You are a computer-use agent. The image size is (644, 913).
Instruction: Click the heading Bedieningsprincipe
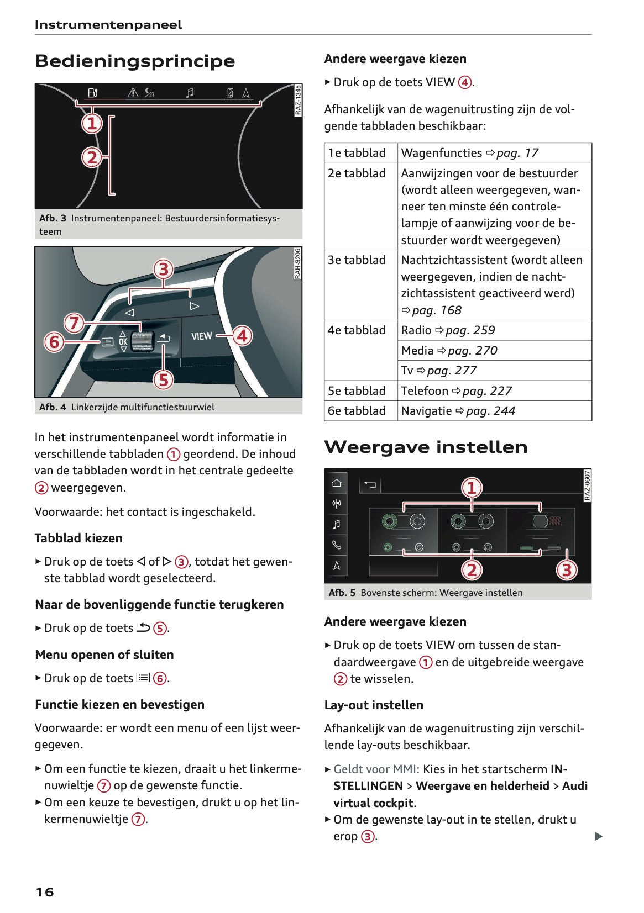[135, 61]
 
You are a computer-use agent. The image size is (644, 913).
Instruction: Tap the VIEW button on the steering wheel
[201, 336]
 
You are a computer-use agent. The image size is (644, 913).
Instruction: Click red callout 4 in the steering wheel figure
[242, 335]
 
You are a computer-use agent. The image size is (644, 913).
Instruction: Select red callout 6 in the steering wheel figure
[54, 342]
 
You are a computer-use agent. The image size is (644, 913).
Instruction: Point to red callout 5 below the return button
[163, 379]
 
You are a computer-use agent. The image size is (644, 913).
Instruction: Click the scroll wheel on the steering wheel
[140, 342]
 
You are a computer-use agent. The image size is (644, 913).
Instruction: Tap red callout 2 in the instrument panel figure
[92, 157]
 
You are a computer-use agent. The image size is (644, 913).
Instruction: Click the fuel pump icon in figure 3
[93, 93]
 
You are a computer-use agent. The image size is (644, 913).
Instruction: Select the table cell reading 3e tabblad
[357, 260]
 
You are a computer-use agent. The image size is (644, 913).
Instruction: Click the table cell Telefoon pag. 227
[456, 391]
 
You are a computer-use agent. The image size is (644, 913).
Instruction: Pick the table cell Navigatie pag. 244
[458, 411]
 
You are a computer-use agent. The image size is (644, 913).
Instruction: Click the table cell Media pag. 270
[449, 351]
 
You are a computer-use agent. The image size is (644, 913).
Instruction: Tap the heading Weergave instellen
[426, 447]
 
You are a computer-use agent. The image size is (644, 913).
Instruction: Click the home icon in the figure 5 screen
[336, 483]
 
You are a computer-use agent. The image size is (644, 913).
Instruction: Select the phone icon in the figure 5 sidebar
[336, 545]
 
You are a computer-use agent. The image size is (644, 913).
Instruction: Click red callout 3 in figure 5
[567, 569]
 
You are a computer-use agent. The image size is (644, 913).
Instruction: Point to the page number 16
[45, 892]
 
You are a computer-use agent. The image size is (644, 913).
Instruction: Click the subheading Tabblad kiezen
[78, 538]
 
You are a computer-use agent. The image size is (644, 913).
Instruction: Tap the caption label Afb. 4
[53, 407]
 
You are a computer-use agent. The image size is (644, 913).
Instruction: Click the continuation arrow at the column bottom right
[598, 836]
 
